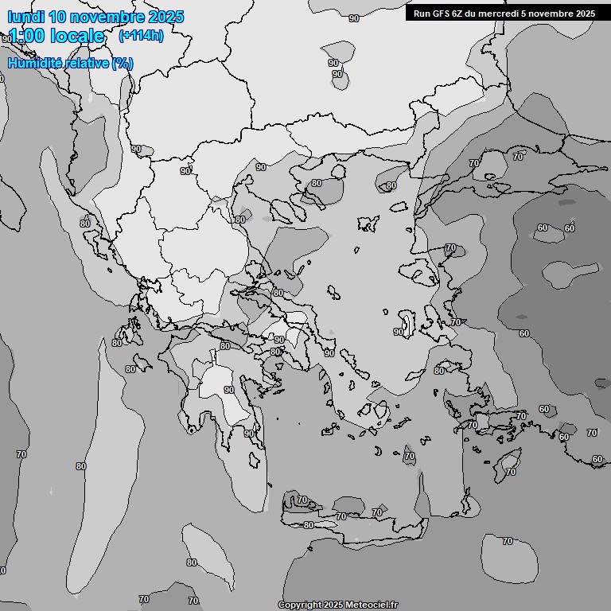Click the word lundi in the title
pos(26,17)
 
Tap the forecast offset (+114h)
pos(141,36)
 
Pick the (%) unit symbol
pos(122,63)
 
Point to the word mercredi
pos(502,13)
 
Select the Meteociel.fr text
pos(372,605)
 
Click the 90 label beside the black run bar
pos(353,18)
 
